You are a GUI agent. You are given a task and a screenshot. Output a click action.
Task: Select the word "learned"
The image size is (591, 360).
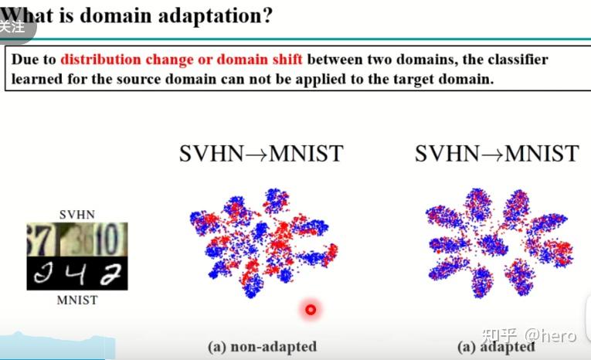36,79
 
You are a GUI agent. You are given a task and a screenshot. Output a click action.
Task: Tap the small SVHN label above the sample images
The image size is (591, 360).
76,214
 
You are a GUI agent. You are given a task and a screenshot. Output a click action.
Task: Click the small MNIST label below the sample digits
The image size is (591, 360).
76,300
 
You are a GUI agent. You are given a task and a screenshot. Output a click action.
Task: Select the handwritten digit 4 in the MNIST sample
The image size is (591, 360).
77,274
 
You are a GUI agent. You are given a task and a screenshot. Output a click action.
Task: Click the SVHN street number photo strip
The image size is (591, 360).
76,239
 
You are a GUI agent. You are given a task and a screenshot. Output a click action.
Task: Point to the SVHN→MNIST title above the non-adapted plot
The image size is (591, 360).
260,154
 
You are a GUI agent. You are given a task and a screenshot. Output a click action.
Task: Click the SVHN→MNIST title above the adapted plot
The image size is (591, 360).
496,154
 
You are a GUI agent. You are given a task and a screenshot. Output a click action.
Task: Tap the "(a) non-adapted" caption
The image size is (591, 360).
262,347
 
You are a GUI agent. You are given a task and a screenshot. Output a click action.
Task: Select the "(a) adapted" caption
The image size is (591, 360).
495,347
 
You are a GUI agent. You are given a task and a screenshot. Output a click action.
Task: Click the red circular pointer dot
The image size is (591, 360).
311,310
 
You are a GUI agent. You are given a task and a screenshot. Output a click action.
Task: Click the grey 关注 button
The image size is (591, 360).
13,26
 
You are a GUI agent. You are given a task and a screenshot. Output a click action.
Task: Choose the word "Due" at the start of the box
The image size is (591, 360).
25,59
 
